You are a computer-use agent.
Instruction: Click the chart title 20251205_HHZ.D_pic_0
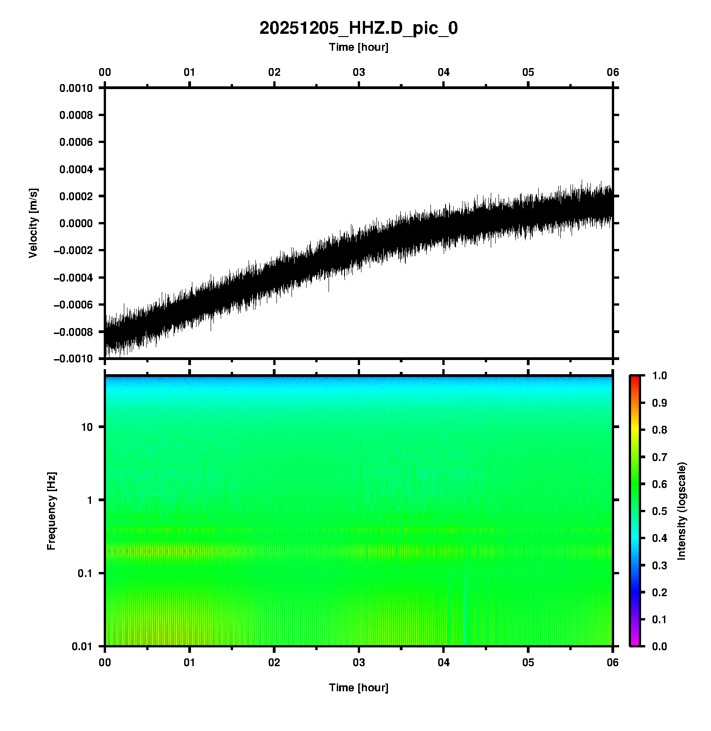(358, 28)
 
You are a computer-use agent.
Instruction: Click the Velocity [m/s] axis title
(33, 223)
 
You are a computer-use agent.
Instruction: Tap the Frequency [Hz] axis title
(51, 511)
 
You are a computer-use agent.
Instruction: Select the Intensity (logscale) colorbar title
(682, 511)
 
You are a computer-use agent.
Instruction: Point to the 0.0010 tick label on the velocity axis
(76, 88)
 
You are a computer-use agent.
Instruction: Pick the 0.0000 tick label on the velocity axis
(76, 223)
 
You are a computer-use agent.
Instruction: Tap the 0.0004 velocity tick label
(76, 170)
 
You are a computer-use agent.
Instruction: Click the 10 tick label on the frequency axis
(87, 427)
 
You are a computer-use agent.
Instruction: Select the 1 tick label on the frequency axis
(90, 500)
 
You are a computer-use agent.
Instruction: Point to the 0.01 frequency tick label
(82, 646)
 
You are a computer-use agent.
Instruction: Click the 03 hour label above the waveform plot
(359, 72)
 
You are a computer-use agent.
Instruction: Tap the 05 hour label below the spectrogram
(528, 662)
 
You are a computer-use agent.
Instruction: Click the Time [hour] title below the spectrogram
(358, 688)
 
